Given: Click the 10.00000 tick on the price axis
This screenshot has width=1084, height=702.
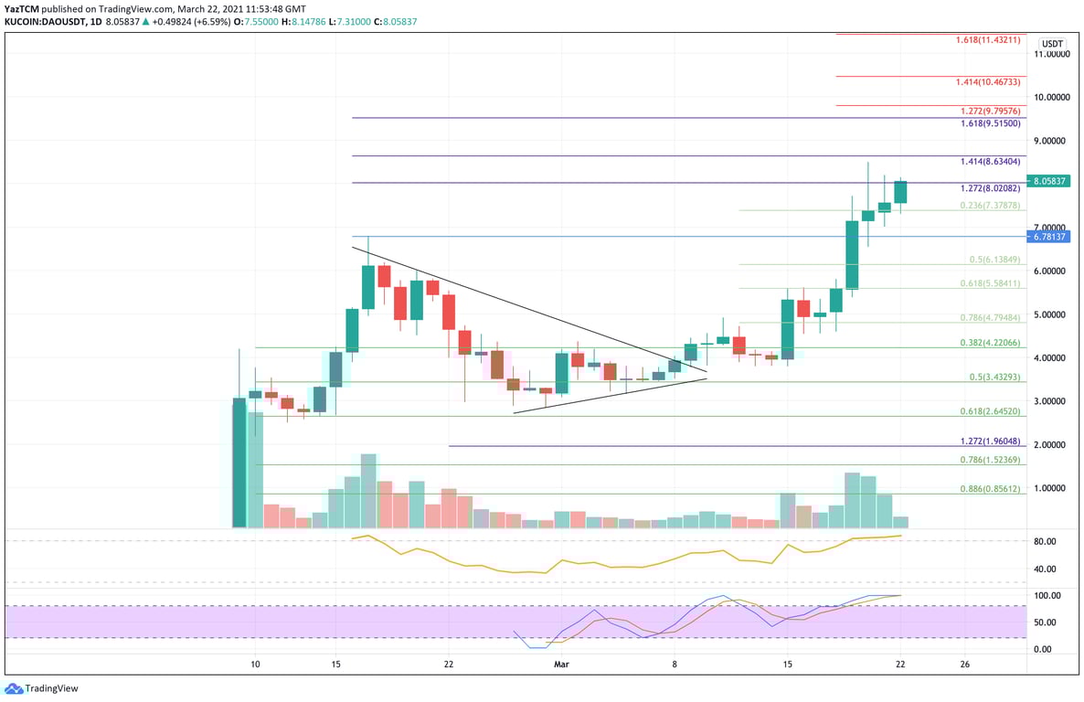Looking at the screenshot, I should [1052, 97].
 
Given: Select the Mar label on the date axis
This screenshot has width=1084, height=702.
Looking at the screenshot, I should [563, 665].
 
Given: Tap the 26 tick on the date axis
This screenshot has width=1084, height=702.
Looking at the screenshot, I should [964, 665].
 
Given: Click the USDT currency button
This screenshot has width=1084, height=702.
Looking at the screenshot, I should [1053, 44].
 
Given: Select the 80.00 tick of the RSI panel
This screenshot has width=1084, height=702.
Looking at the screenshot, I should [1045, 541].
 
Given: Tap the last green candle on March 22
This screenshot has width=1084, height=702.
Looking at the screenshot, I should [900, 191].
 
